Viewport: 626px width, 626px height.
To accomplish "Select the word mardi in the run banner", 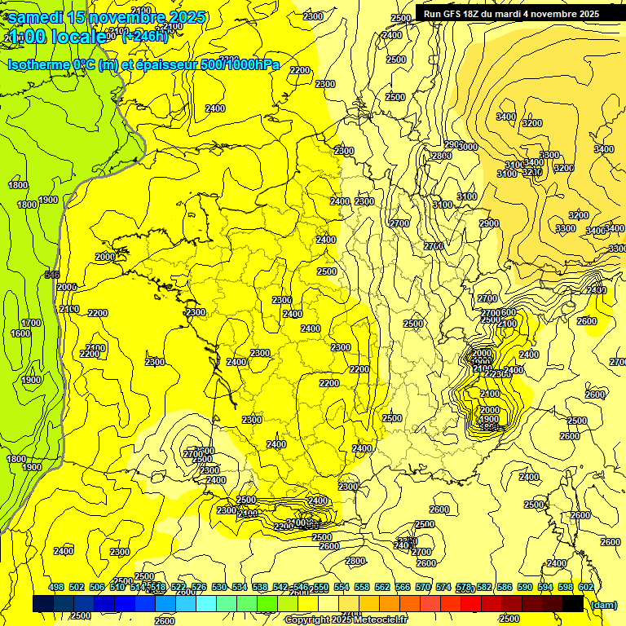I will coord(511,13).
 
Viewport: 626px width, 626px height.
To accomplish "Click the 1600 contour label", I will coord(20,333).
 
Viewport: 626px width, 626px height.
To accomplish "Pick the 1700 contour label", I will coord(31,324).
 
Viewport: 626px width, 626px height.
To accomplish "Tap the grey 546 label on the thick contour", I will coord(52,275).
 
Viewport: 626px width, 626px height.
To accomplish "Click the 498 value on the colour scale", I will coord(56,587).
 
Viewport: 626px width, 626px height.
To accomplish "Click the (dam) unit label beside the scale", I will coord(603,604).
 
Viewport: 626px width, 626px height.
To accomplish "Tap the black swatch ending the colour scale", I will coord(573,604).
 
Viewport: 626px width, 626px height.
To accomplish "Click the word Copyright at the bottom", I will coord(307,620).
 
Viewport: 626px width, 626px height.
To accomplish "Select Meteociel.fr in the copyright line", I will coord(380,620).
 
